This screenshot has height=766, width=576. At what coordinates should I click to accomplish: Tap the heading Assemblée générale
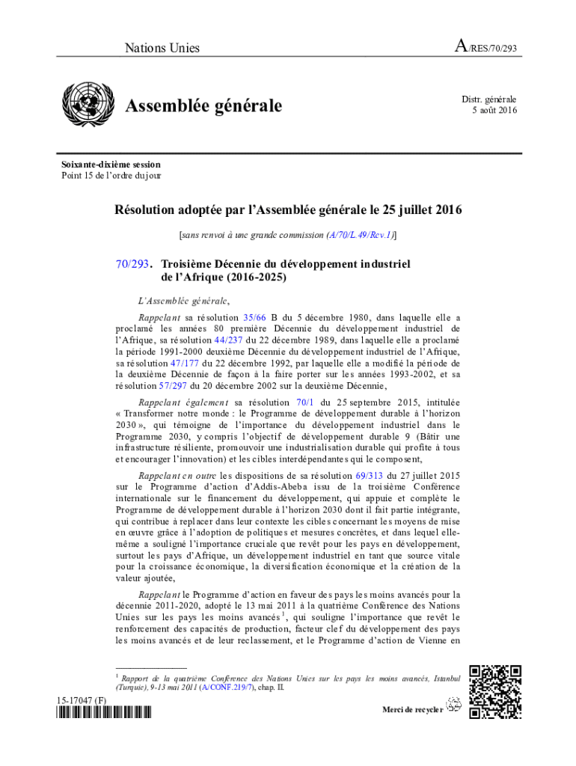(x=203, y=107)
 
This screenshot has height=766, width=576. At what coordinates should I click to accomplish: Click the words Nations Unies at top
(x=162, y=49)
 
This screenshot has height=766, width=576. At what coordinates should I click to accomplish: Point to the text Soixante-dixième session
(x=111, y=165)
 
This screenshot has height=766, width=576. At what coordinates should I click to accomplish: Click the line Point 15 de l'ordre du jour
(x=111, y=176)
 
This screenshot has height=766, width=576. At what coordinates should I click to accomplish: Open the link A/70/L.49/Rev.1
(x=361, y=235)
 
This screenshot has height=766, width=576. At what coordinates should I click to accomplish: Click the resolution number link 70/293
(x=132, y=264)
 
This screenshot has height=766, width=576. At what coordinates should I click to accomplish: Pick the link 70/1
(x=305, y=402)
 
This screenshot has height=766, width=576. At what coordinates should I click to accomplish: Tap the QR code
(x=494, y=691)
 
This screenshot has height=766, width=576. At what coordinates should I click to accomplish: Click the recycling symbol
(x=453, y=703)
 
